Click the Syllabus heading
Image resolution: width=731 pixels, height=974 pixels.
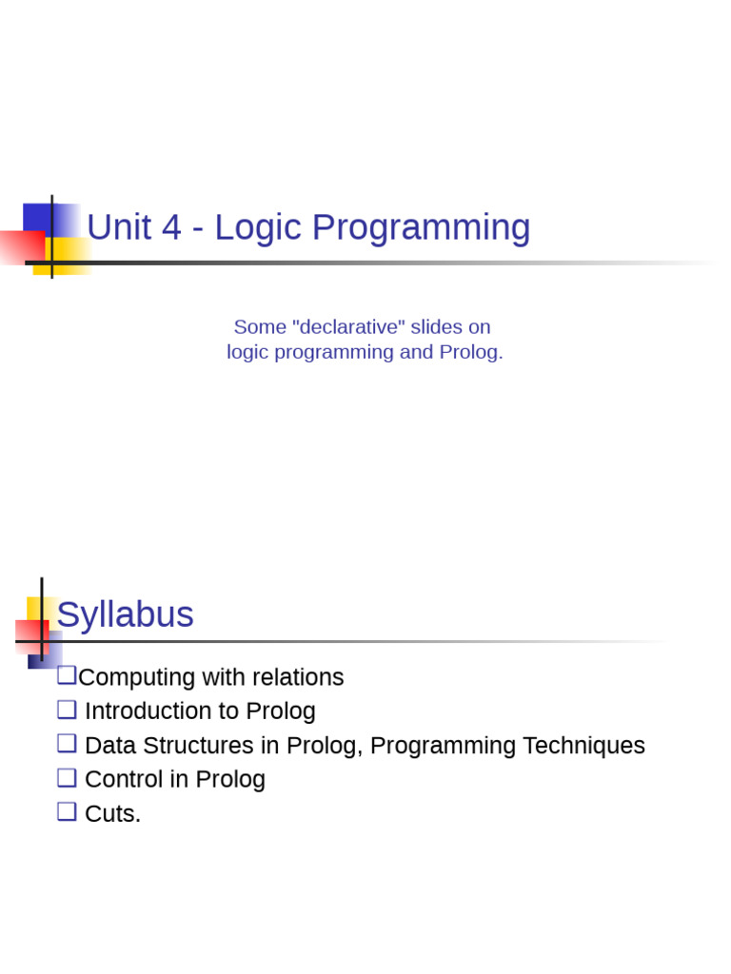coord(126,615)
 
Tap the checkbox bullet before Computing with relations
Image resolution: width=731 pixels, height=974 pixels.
coord(67,675)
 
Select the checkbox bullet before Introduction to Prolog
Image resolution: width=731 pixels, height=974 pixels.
coord(67,710)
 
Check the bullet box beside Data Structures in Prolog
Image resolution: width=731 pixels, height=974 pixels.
coord(67,744)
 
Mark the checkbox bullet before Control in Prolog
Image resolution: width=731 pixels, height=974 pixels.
coord(67,778)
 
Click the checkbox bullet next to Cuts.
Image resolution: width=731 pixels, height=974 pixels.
coord(67,812)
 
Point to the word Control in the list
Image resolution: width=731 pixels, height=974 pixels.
coord(122,780)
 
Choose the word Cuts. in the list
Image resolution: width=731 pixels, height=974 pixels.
coord(112,814)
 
